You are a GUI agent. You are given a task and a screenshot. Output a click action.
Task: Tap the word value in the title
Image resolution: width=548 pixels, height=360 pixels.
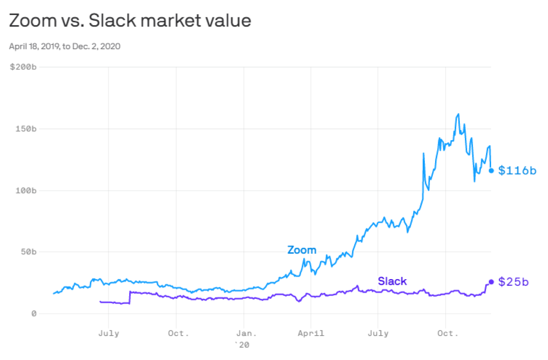(229, 21)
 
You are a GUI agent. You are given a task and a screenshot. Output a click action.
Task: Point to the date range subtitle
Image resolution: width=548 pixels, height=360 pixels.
(65, 47)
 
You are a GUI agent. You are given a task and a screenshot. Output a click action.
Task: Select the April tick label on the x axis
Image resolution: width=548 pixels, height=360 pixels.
(311, 333)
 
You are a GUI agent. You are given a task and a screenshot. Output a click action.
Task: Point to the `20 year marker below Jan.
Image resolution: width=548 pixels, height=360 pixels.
(242, 345)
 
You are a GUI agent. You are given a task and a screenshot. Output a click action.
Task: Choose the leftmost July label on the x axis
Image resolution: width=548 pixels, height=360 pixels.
(109, 333)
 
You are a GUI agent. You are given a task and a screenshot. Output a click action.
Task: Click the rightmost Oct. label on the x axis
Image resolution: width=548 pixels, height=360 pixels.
(447, 333)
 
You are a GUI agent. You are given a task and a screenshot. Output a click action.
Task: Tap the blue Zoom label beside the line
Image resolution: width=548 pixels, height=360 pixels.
(302, 250)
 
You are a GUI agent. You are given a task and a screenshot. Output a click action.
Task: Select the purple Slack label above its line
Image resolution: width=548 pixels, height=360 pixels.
(392, 281)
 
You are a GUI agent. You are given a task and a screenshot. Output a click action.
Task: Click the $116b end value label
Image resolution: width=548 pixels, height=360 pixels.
(518, 171)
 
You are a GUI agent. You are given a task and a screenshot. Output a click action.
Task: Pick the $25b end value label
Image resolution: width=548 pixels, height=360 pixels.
(514, 282)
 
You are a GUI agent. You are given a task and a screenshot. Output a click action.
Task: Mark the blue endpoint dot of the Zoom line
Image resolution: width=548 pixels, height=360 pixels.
(491, 171)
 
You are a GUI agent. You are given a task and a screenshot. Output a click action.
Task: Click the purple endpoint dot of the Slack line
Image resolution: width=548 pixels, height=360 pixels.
(491, 282)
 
